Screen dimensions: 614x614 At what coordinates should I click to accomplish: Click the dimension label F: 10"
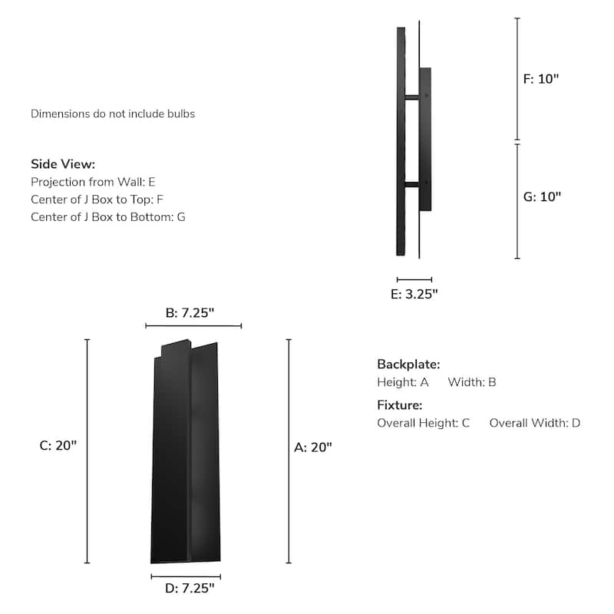(541, 79)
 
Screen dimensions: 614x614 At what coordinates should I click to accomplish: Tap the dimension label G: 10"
(542, 196)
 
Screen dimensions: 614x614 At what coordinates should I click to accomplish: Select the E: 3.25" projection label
(414, 294)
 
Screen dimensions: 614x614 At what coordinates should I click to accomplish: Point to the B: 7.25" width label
(190, 312)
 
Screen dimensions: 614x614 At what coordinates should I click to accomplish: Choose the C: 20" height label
(58, 446)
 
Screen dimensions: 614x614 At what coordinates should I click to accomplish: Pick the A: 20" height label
(313, 447)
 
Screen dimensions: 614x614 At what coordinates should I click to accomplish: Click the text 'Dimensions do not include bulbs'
(113, 114)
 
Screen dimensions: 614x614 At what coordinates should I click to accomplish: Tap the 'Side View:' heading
(63, 164)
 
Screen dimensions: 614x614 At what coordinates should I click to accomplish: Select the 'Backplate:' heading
(408, 365)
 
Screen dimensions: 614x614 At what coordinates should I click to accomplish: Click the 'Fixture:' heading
(399, 405)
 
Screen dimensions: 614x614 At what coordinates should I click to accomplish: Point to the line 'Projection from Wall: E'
(93, 182)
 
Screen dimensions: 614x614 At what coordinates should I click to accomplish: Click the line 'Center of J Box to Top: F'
(97, 200)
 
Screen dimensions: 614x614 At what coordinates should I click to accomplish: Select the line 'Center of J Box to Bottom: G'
(107, 217)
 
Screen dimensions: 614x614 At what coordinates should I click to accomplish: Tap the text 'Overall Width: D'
(535, 423)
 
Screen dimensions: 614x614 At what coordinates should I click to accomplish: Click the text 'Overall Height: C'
(423, 423)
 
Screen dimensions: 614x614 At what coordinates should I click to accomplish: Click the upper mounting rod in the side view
(412, 96)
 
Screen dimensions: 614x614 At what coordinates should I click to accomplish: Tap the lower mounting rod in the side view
(412, 183)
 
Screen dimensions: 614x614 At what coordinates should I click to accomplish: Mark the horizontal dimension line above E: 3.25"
(414, 279)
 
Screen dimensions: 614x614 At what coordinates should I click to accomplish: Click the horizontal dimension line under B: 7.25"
(193, 326)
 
